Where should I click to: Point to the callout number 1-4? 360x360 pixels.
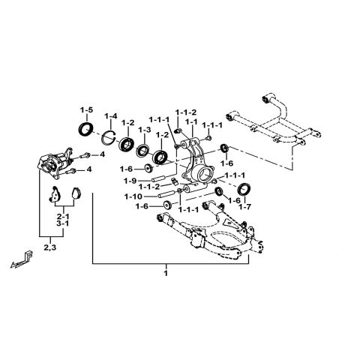(111, 115)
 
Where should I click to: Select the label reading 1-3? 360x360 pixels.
(145, 130)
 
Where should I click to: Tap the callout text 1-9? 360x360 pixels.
(130, 180)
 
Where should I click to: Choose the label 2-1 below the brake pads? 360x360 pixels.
(63, 214)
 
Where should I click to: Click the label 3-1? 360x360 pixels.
(63, 223)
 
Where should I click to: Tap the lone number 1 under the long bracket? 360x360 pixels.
(166, 274)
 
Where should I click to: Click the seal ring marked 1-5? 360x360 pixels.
(88, 131)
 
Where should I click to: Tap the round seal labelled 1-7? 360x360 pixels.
(244, 188)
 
